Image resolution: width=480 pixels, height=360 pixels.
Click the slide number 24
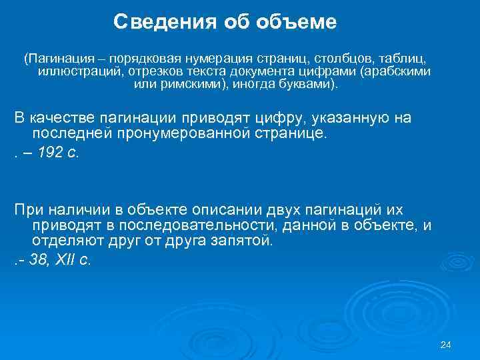446,345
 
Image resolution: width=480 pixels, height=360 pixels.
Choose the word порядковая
141,57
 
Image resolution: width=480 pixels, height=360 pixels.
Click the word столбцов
341,57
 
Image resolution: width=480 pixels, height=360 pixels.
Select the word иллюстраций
73,71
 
